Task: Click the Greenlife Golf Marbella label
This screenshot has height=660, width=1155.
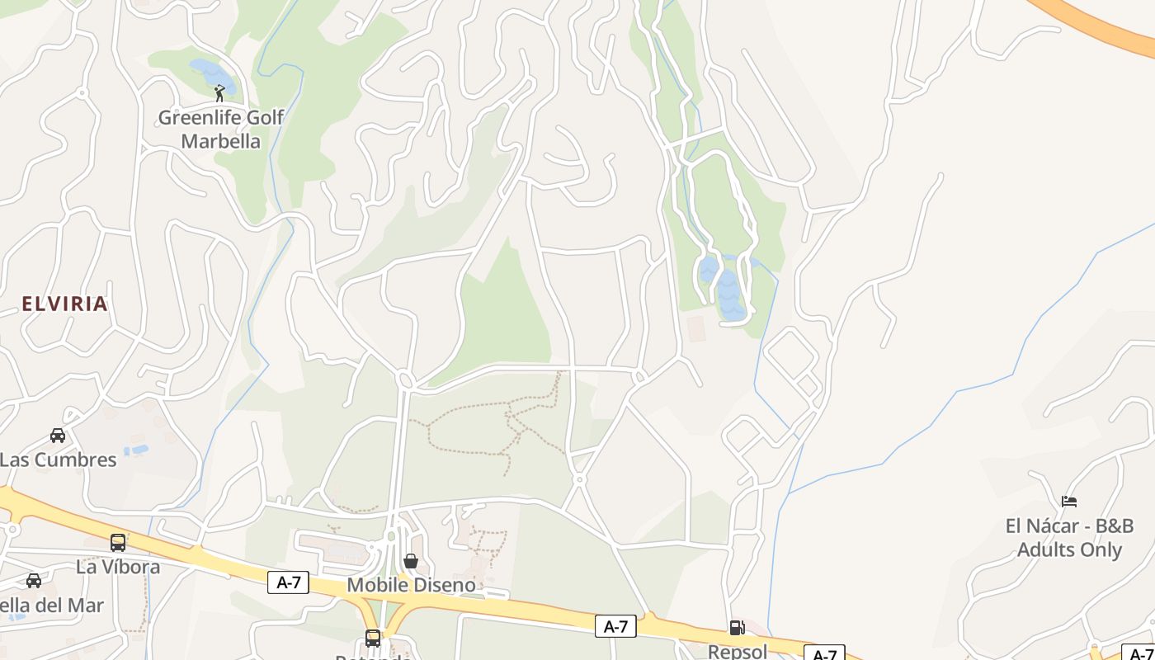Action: [x=220, y=130]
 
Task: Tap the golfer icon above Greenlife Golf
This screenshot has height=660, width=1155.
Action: [x=219, y=93]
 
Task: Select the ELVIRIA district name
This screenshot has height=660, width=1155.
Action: [x=65, y=304]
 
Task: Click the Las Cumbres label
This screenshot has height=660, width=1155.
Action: [x=59, y=460]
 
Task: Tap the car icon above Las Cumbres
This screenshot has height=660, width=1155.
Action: [x=58, y=435]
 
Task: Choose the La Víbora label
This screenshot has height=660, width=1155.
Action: [x=118, y=567]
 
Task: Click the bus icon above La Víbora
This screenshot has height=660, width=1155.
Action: [x=118, y=542]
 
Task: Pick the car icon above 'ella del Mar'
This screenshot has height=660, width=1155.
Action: [x=34, y=580]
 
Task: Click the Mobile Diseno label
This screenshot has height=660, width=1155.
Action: [x=411, y=585]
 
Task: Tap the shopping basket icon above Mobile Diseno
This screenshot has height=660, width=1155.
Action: [x=411, y=561]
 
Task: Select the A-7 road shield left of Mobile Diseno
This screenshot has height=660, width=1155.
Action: [x=288, y=582]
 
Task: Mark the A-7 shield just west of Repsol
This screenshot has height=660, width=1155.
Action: [x=615, y=626]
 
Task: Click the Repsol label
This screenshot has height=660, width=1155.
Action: [x=737, y=651]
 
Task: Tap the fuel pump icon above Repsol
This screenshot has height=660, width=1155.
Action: [x=737, y=628]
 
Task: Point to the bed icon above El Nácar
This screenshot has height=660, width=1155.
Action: [x=1069, y=501]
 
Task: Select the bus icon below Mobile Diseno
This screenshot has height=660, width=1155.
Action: [x=373, y=638]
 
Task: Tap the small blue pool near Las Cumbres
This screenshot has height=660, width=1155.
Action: [x=137, y=450]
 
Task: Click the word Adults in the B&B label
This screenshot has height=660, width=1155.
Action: [x=1045, y=549]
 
